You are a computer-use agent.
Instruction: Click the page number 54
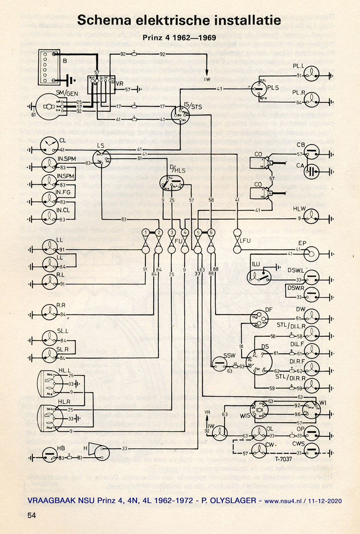point(32,515)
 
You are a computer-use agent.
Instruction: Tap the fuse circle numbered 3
point(172,232)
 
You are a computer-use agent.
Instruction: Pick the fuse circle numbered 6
point(211,232)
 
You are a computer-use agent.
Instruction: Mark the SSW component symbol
point(219,364)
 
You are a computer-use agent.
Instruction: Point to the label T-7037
point(283,459)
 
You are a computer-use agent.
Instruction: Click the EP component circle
point(311,254)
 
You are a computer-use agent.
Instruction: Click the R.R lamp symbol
point(50,312)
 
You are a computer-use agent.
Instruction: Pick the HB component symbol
point(50,455)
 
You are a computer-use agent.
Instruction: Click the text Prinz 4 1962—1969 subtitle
point(179,37)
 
